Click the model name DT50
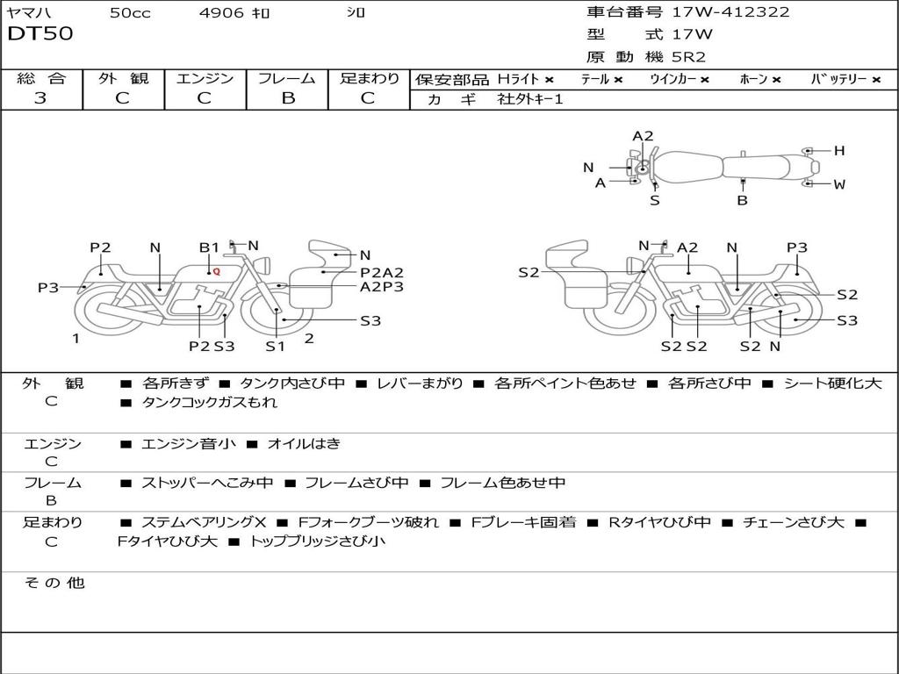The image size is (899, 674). coord(40,33)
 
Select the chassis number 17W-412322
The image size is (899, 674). coord(730,12)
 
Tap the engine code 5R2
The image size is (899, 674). coord(688,57)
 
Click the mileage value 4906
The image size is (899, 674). coord(221,12)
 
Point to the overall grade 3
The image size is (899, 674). coord(40,98)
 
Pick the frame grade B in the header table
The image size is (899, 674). coord(288,98)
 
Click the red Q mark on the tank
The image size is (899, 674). coord(217,272)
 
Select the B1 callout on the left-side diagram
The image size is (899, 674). coord(209,247)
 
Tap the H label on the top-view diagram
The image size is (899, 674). coord(839,151)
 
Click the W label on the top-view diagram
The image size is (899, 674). coord(839,184)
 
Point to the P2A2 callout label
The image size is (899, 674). coord(382,273)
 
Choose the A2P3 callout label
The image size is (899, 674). coord(382,287)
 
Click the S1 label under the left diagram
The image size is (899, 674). coord(275,346)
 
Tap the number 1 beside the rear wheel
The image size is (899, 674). coord(76,339)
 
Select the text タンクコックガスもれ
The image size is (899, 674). coord(209,402)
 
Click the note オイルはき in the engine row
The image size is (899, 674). coord(304,443)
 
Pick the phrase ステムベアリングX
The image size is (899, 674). coord(204,522)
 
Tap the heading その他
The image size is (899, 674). coord(54,583)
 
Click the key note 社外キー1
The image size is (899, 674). coord(530,99)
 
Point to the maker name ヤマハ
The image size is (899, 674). coord(29,12)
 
